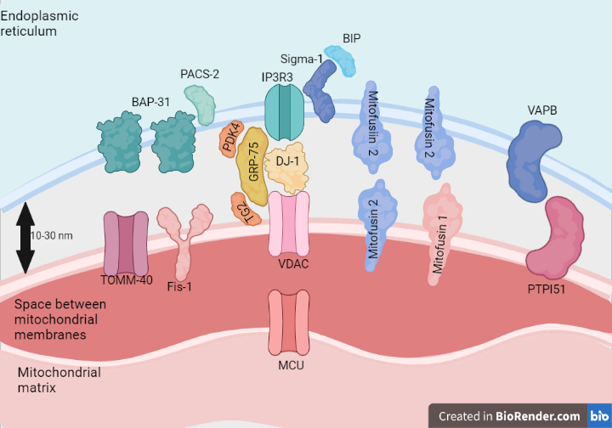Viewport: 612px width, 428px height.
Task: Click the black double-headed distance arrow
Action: click(25, 238)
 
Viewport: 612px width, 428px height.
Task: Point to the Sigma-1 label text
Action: click(300, 59)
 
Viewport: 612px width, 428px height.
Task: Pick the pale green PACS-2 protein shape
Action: click(201, 104)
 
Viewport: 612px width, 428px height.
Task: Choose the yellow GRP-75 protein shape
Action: click(253, 160)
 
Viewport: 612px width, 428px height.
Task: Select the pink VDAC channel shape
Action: click(287, 224)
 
